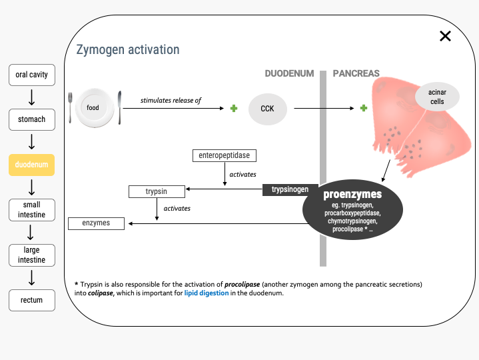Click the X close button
(445, 36)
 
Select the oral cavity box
(32, 75)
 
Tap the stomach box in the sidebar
(32, 119)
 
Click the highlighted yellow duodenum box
(32, 165)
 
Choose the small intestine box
(32, 210)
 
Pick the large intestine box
(32, 255)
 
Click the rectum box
(32, 300)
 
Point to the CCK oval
(268, 109)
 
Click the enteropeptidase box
(225, 155)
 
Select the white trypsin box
(157, 191)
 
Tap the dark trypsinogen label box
(290, 190)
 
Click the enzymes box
(96, 223)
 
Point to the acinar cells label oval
(437, 97)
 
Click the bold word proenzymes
(352, 195)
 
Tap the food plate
(95, 107)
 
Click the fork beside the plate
(70, 108)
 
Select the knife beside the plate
(119, 107)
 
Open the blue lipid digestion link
(207, 293)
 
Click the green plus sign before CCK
(234, 108)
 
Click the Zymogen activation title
(128, 50)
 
